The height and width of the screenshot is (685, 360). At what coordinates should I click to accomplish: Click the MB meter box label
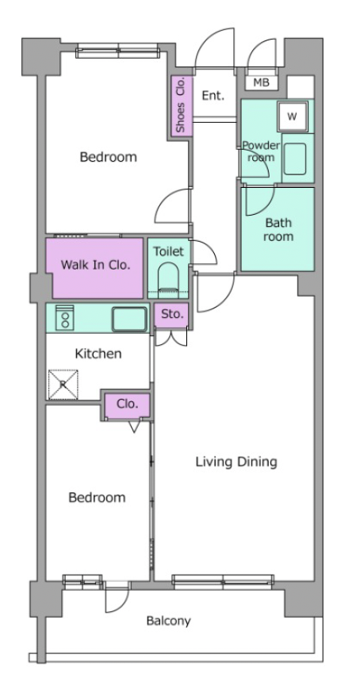click(261, 82)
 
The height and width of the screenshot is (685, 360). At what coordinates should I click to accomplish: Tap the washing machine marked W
click(293, 117)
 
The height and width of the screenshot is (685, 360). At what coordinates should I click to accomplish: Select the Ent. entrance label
click(213, 96)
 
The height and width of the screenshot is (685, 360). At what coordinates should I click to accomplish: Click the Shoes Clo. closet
click(181, 105)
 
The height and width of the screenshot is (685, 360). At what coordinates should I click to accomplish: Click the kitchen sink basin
click(129, 320)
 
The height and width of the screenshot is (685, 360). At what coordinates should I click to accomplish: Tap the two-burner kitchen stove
click(65, 316)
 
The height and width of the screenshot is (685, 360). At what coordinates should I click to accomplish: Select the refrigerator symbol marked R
click(63, 385)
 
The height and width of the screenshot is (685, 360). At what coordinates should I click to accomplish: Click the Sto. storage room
click(171, 315)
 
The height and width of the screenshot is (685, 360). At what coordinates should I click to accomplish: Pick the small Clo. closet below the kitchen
click(128, 405)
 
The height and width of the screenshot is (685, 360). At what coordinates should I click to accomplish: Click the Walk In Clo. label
click(95, 265)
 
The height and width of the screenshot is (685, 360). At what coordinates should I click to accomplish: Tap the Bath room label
click(278, 230)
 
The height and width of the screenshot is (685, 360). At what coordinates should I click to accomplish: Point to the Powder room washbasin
click(295, 159)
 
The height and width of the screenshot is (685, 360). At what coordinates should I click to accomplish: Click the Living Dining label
click(236, 462)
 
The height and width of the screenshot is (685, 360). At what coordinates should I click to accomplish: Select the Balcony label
click(168, 621)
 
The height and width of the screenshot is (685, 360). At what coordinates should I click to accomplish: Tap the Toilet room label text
click(168, 251)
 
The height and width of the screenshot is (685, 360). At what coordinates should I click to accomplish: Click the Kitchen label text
click(98, 354)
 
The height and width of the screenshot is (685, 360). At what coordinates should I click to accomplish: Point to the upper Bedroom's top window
click(118, 51)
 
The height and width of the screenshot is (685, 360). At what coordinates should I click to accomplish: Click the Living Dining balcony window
click(223, 580)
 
